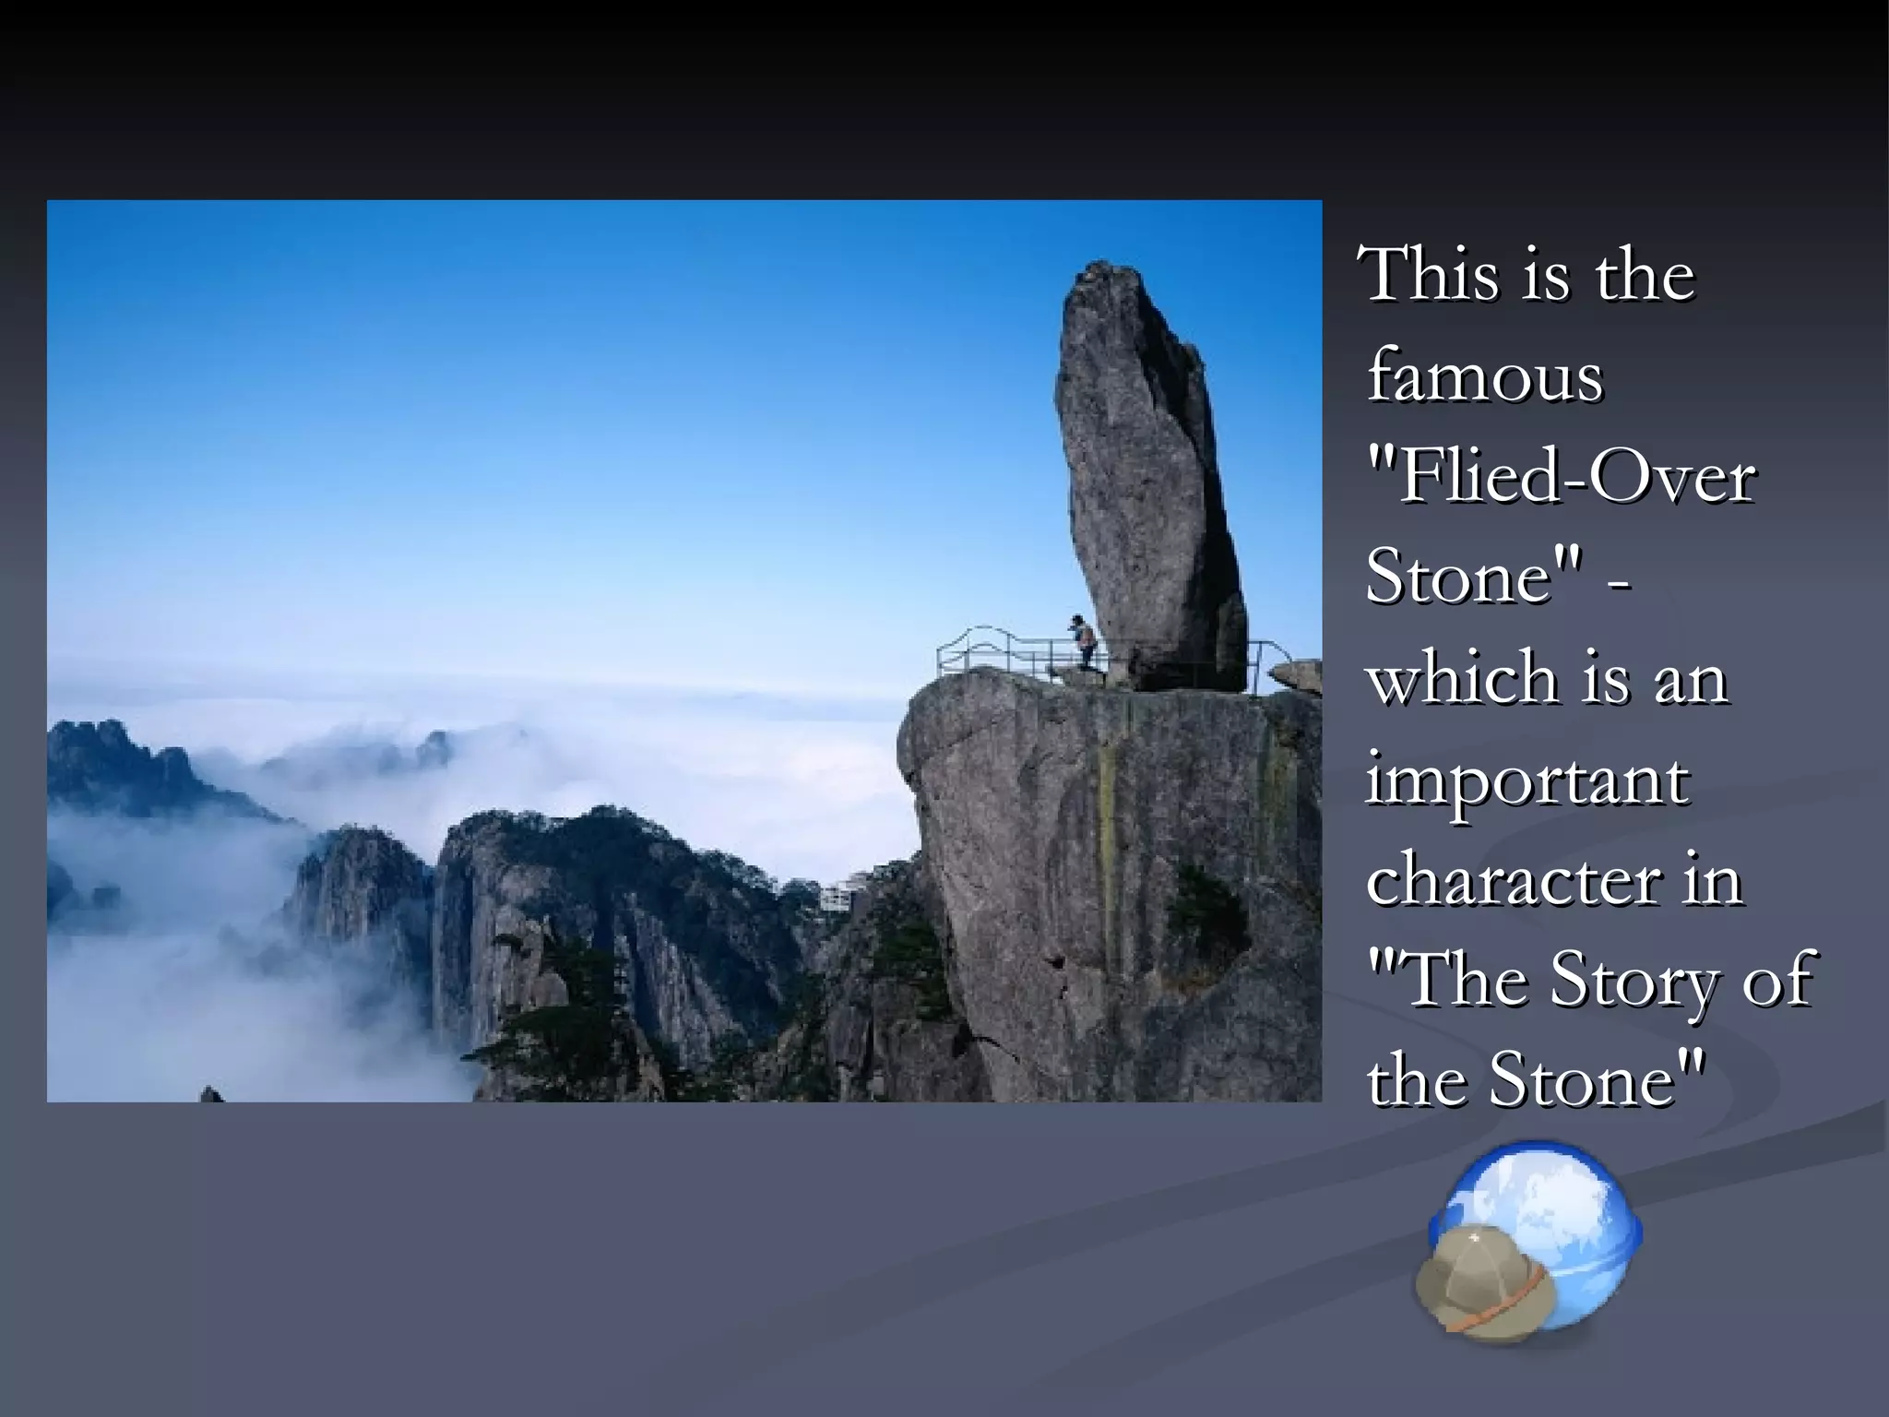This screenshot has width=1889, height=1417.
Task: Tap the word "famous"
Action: coord(1485,376)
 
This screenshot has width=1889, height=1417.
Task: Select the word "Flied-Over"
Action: coord(1559,478)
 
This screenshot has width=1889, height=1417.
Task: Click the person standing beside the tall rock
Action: coord(1085,641)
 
